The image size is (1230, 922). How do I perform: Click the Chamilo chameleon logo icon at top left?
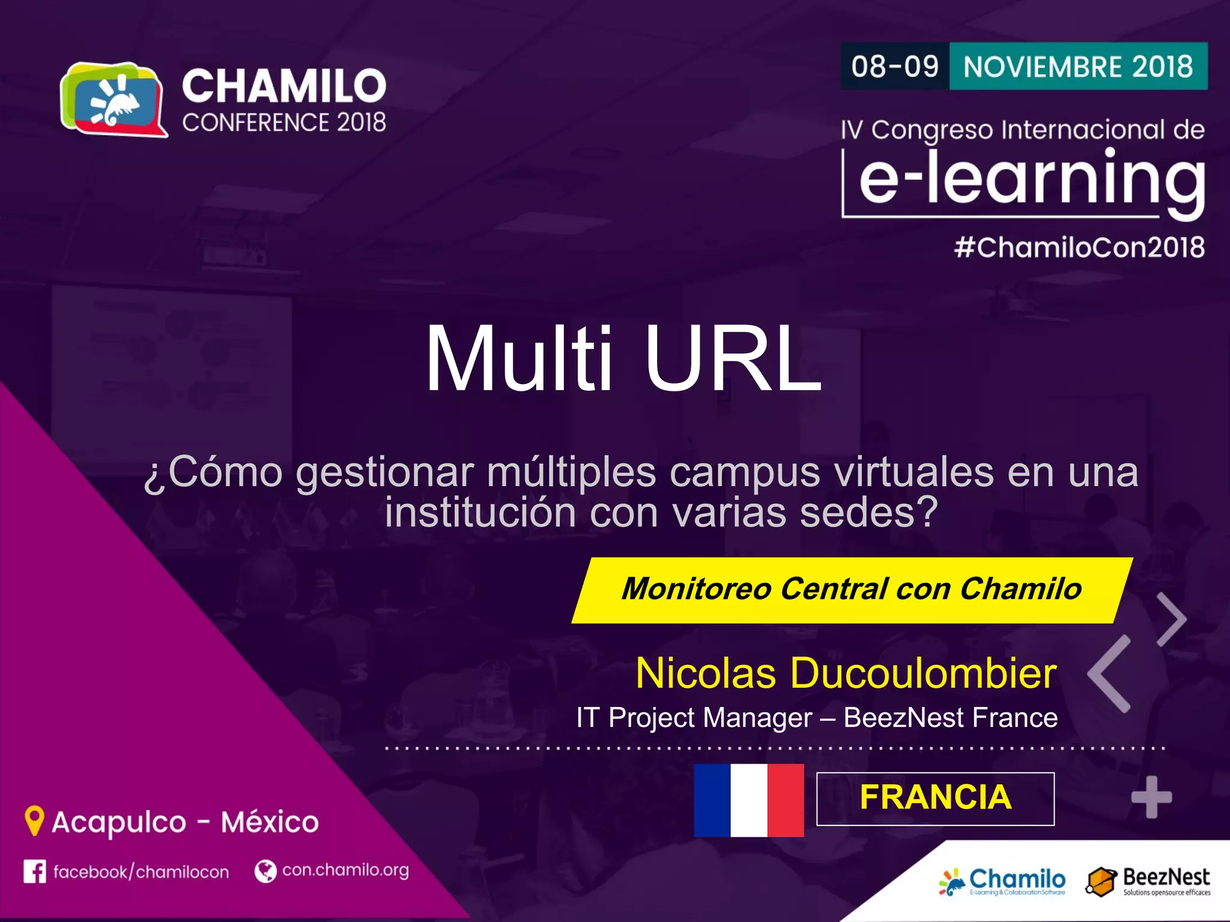point(114,100)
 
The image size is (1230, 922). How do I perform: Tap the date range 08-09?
point(894,66)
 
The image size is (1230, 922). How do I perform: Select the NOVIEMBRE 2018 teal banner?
point(1078,66)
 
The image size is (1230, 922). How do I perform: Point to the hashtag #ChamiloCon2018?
point(1079,247)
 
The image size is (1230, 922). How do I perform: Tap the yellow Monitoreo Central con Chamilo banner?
point(851,589)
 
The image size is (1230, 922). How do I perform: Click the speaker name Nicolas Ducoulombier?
point(846,673)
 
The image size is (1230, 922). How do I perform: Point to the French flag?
point(748,800)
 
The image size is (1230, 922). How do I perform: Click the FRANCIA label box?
point(935,798)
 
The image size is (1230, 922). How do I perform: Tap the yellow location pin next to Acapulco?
point(34,820)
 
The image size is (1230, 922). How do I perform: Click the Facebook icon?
point(34,872)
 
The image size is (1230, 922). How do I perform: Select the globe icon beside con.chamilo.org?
point(265,871)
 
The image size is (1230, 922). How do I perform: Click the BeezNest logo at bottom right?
point(1147,881)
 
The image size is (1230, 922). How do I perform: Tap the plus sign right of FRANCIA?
point(1151,797)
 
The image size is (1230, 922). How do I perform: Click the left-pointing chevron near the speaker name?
point(1109,673)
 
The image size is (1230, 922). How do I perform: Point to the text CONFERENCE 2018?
point(284,122)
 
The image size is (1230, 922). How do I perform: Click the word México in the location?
point(270,822)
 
